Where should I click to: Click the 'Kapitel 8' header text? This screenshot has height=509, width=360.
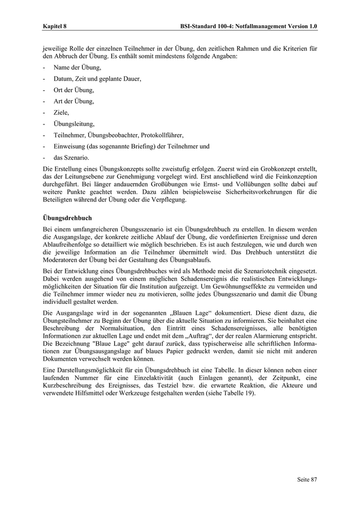[x=55, y=25]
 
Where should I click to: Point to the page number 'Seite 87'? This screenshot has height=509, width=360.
[x=307, y=479]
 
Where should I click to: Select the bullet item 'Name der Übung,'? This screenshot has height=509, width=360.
[x=77, y=67]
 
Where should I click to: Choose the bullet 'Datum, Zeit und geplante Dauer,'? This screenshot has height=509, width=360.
[x=97, y=79]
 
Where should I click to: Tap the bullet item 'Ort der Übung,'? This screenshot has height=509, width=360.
[x=74, y=90]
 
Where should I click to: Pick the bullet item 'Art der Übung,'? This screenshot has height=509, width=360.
[x=74, y=101]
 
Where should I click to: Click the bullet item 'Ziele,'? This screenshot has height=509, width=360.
[x=61, y=113]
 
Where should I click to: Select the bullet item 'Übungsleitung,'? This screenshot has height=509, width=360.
[x=74, y=124]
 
